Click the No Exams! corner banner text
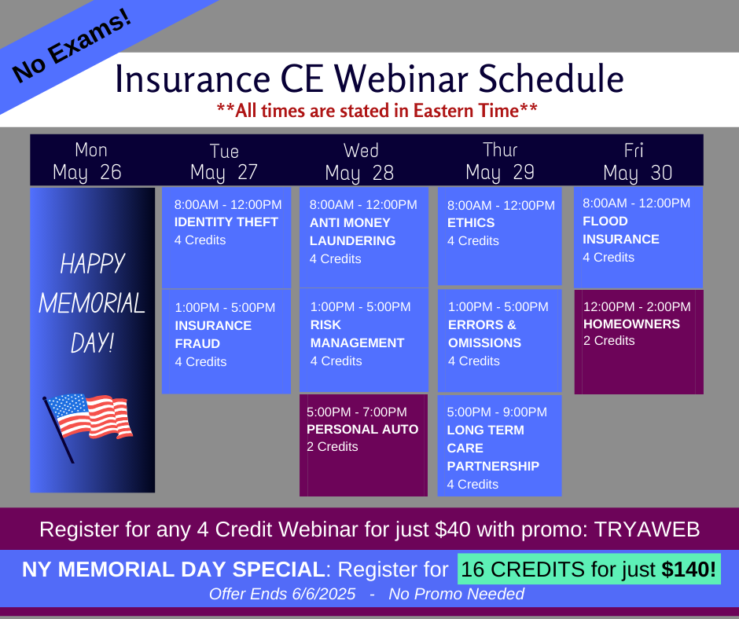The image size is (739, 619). [72, 46]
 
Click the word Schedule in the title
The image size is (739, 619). [551, 79]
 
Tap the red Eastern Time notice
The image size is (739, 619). [377, 111]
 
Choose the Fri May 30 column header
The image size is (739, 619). [638, 162]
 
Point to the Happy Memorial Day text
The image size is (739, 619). [92, 303]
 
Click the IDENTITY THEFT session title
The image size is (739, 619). [226, 222]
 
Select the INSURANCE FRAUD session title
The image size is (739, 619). [213, 335]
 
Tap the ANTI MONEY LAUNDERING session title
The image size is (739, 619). [352, 232]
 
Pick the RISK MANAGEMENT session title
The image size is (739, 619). [357, 334]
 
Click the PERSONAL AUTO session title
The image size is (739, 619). [362, 429]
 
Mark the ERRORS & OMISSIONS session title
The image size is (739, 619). [484, 334]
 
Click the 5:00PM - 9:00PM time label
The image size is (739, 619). [497, 412]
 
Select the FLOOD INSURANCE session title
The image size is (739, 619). [621, 230]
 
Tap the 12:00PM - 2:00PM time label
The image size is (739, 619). [637, 306]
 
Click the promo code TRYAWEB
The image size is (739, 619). [647, 529]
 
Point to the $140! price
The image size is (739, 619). [689, 570]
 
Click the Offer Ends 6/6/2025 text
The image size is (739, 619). [282, 594]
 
